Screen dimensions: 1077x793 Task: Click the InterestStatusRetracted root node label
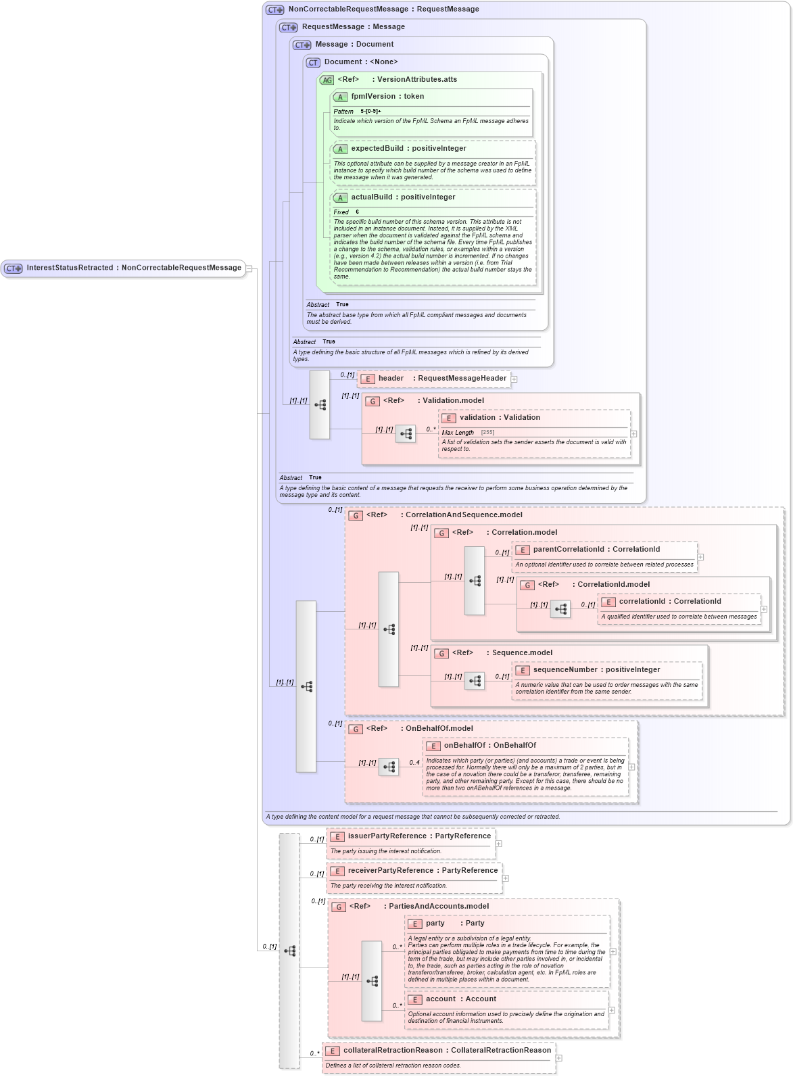point(133,268)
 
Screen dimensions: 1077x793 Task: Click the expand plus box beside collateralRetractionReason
point(559,1058)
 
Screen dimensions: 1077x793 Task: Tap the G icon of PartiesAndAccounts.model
point(339,907)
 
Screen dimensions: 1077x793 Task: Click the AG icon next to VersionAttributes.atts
point(327,80)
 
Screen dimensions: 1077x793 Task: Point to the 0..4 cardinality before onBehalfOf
point(414,763)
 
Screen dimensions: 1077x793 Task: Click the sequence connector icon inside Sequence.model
point(475,681)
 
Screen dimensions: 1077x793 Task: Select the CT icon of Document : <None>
point(313,63)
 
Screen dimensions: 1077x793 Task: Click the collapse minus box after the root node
point(249,268)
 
